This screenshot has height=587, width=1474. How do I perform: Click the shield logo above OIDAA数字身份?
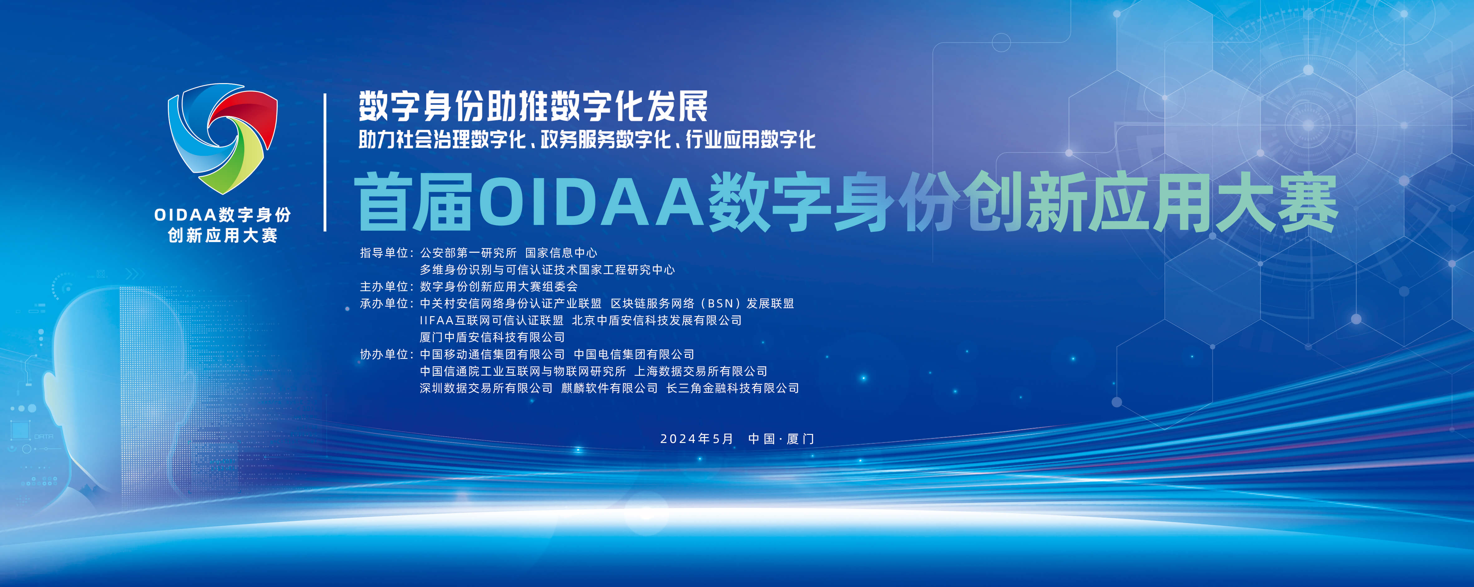click(x=222, y=139)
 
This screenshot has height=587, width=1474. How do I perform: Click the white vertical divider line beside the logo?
click(x=325, y=163)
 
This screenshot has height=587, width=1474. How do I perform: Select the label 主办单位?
click(x=384, y=287)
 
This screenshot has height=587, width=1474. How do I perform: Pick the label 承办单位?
click(x=384, y=304)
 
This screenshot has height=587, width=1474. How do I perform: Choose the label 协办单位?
click(x=384, y=355)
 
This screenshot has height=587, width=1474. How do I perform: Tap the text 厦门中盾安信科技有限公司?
click(x=492, y=337)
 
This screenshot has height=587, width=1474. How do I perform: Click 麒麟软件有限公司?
click(x=609, y=388)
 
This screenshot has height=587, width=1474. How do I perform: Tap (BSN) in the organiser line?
click(x=720, y=304)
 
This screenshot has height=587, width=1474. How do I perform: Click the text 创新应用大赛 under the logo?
click(x=222, y=235)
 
